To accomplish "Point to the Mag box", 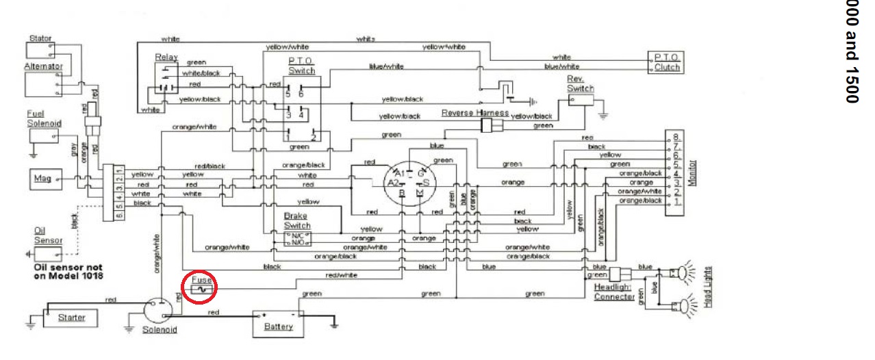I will pyautogui.click(x=42, y=179).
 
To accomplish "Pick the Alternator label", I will pyautogui.click(x=43, y=66).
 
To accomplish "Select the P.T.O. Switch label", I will pyautogui.click(x=301, y=66).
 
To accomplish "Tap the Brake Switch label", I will pyautogui.click(x=297, y=220).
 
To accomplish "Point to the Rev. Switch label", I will pyautogui.click(x=581, y=83).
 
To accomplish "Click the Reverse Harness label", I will pyautogui.click(x=475, y=113).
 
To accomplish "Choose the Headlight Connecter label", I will pyautogui.click(x=613, y=292).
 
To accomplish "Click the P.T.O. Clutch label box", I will pyautogui.click(x=667, y=62).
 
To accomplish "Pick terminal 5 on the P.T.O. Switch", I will pyautogui.click(x=288, y=93).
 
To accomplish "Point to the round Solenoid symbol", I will pyautogui.click(x=159, y=311).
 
